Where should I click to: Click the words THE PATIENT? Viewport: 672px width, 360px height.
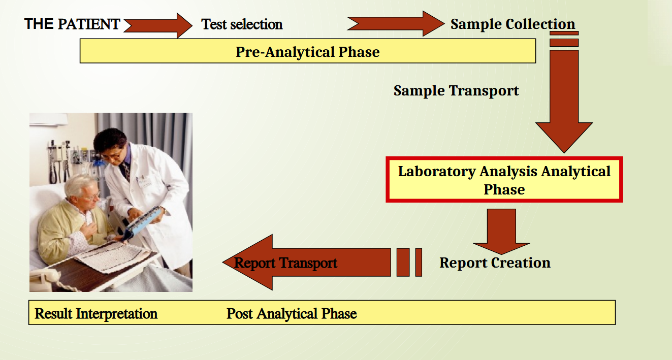72,24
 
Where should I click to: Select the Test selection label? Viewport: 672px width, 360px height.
242,24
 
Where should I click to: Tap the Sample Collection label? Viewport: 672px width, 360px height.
513,24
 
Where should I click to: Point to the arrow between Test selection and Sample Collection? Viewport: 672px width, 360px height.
394,23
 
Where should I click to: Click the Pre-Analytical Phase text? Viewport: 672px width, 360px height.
307,52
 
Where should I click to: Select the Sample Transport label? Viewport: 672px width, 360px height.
456,91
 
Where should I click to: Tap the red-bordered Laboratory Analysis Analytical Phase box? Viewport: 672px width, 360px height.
504,180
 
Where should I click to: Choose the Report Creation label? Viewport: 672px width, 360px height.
495,263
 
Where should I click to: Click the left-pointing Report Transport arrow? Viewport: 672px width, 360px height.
305,263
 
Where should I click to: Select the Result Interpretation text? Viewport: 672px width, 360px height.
96,313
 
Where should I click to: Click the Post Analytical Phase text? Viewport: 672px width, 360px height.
292,313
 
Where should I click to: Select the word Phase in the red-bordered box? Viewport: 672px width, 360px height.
504,190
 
